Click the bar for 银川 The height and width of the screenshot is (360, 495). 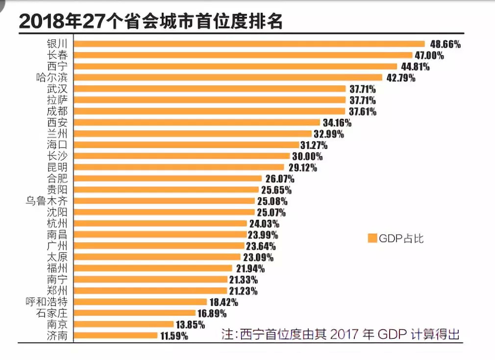click(x=249, y=44)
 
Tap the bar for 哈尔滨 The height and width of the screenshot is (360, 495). click(x=228, y=77)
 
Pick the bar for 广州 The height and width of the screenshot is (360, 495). click(x=159, y=246)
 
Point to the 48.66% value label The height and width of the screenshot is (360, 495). click(x=445, y=44)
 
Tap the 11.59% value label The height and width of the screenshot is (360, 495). click(x=173, y=336)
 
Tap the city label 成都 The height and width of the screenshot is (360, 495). click(x=58, y=111)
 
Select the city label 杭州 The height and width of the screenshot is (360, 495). click(x=58, y=223)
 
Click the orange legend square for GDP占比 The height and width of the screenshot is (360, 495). click(x=372, y=238)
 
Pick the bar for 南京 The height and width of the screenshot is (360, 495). click(x=124, y=324)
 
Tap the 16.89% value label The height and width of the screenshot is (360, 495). click(x=212, y=313)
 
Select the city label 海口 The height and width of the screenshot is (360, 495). click(x=58, y=145)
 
